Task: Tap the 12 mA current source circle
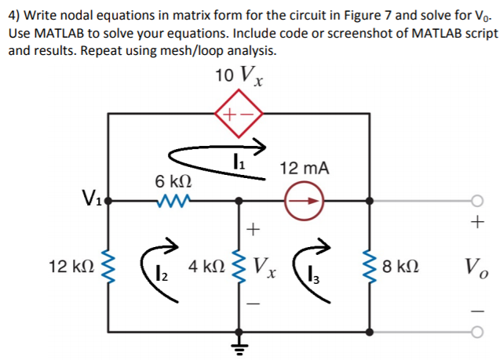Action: (304, 201)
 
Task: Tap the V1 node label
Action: (89, 196)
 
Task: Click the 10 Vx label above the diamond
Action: (238, 78)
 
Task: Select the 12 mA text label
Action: (304, 169)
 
